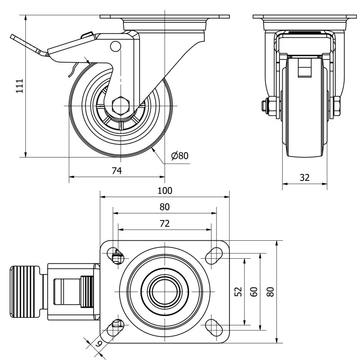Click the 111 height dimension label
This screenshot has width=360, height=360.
pyautogui.click(x=20, y=86)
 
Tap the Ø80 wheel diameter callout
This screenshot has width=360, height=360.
pyautogui.click(x=180, y=156)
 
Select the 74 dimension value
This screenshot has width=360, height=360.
pyautogui.click(x=117, y=171)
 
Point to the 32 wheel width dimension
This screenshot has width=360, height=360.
pyautogui.click(x=305, y=177)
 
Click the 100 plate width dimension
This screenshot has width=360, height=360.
pyautogui.click(x=165, y=190)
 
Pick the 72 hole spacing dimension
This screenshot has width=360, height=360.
pyautogui.click(x=165, y=223)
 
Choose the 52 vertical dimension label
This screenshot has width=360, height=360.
pyautogui.click(x=239, y=292)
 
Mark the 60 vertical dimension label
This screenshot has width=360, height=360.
pyautogui.click(x=254, y=292)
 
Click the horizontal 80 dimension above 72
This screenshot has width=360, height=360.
pyautogui.click(x=165, y=207)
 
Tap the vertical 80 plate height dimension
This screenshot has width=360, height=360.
pyautogui.click(x=271, y=292)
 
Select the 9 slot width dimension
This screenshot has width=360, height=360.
pyautogui.click(x=99, y=343)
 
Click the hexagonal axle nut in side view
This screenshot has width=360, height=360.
pyautogui.click(x=121, y=106)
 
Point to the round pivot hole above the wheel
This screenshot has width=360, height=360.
pyautogui.click(x=116, y=46)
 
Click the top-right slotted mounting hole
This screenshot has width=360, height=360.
pyautogui.click(x=214, y=256)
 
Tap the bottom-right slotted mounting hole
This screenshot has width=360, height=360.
pyautogui.click(x=214, y=328)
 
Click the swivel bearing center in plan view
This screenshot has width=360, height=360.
pyautogui.click(x=165, y=292)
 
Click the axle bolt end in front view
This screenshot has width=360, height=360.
pyautogui.click(x=264, y=106)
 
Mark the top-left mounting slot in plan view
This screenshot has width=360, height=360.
pyautogui.click(x=116, y=256)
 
